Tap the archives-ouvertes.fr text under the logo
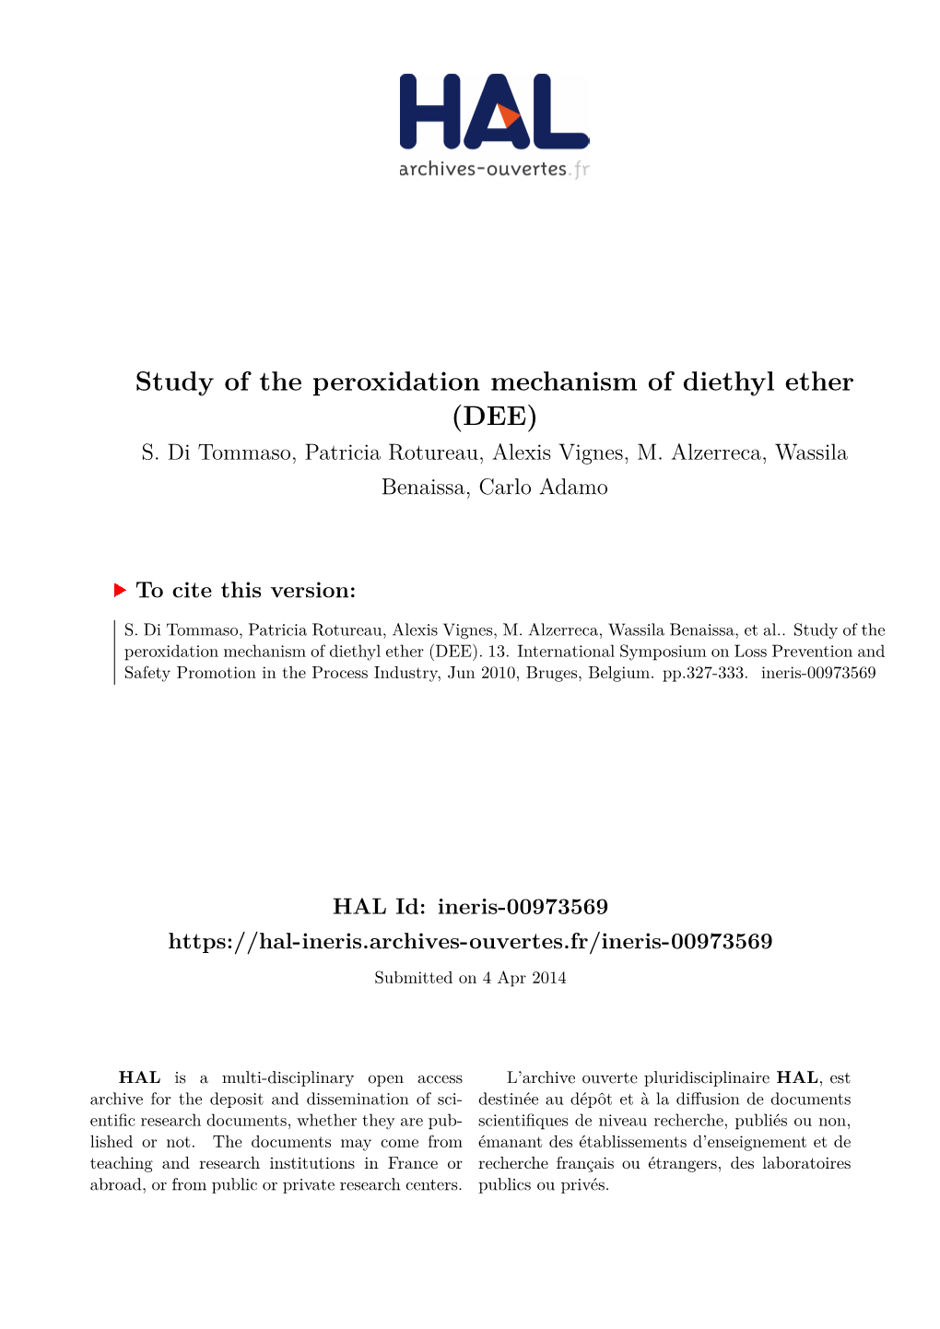pos(493,169)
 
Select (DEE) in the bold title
pos(494,417)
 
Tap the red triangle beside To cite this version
pos(119,590)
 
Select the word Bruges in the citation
pos(551,673)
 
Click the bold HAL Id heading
pos(470,907)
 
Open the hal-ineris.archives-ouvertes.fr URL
pos(470,942)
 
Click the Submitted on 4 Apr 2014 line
pos(470,978)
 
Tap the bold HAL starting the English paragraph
pos(140,1078)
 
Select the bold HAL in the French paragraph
pos(797,1078)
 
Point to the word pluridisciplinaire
pos(707,1078)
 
